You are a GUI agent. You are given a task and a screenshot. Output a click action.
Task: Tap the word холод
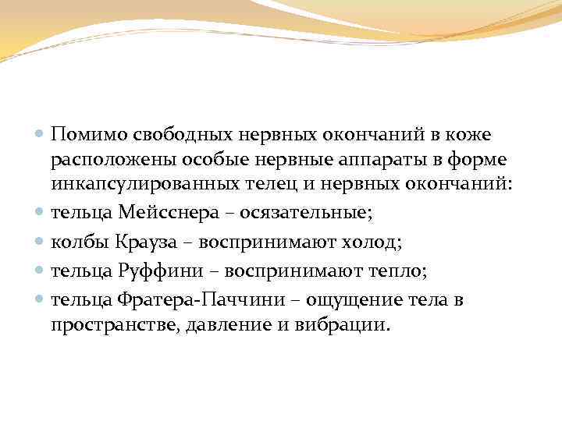[x=372, y=242]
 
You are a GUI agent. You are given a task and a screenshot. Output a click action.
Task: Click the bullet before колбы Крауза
[x=41, y=243]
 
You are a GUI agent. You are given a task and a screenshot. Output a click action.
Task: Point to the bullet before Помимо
[x=41, y=136]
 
